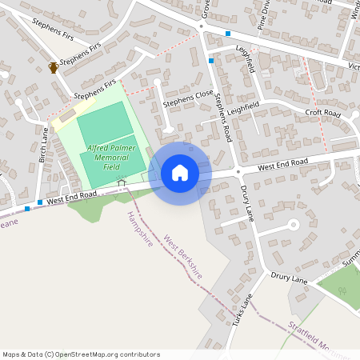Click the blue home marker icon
pyautogui.click(x=180, y=173)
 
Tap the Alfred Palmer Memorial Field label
pyautogui.click(x=112, y=158)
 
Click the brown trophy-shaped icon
pyautogui.click(x=53, y=67)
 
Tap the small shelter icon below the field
pyautogui.click(x=122, y=182)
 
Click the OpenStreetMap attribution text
pyautogui.click(x=81, y=354)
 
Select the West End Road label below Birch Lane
pyautogui.click(x=71, y=197)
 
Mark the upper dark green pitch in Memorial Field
pyautogui.click(x=102, y=123)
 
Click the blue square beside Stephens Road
pyautogui.click(x=211, y=61)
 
